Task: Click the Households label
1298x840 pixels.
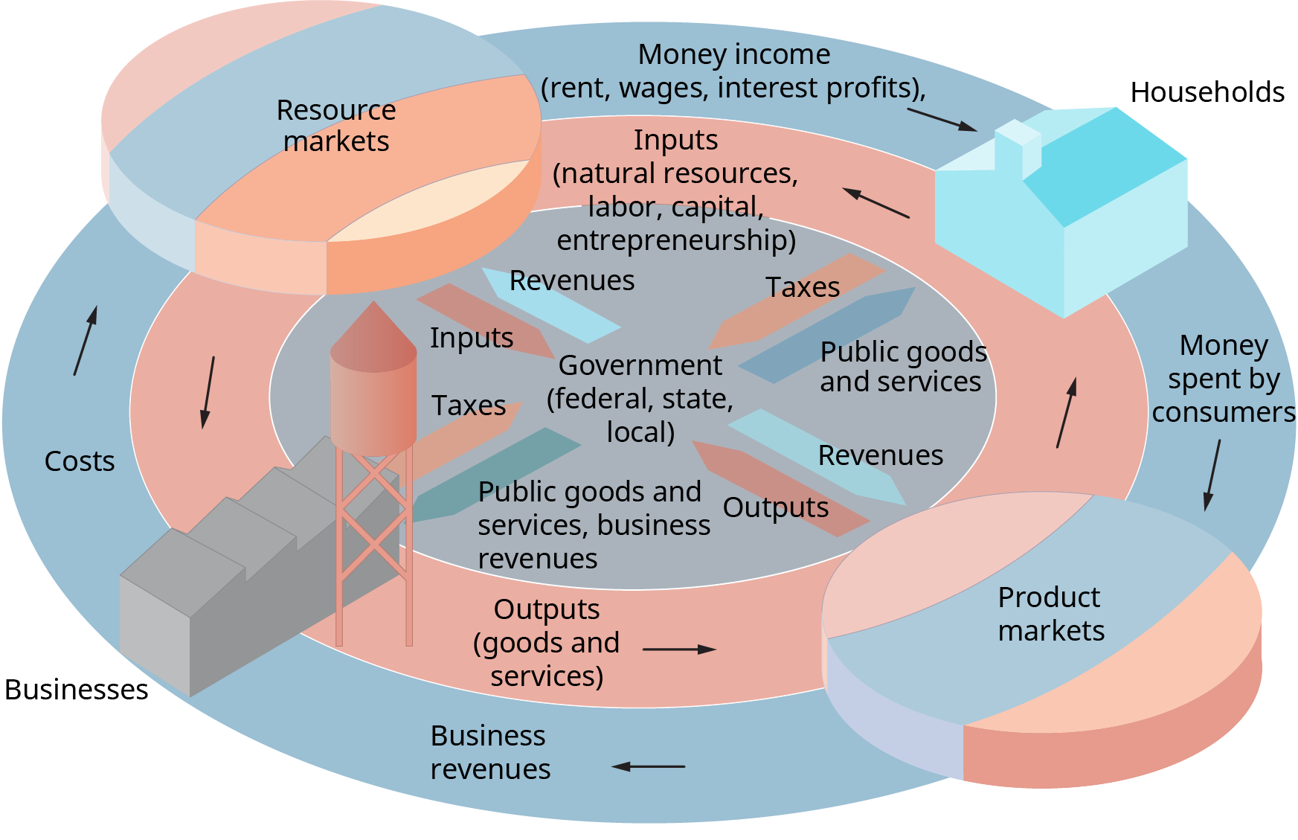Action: [x=1207, y=92]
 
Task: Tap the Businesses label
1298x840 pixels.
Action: [x=76, y=690]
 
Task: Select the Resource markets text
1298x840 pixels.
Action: [x=336, y=126]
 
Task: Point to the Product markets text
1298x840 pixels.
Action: [x=1050, y=614]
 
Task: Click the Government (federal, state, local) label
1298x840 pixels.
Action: [x=640, y=398]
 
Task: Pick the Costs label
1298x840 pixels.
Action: [x=80, y=461]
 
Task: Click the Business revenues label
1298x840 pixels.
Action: [x=490, y=752]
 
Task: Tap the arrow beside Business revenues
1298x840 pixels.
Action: [x=648, y=766]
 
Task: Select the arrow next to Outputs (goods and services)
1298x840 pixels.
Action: [x=679, y=650]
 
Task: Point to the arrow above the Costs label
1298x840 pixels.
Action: [x=86, y=341]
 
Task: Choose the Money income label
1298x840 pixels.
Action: [x=733, y=71]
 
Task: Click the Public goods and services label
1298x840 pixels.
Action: [x=902, y=367]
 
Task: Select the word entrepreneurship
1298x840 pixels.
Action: [x=676, y=240]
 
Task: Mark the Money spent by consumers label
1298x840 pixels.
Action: [x=1224, y=379]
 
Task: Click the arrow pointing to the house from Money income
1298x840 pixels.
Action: [x=942, y=120]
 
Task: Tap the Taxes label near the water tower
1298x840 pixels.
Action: [x=469, y=405]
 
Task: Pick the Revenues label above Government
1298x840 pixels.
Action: [x=571, y=280]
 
